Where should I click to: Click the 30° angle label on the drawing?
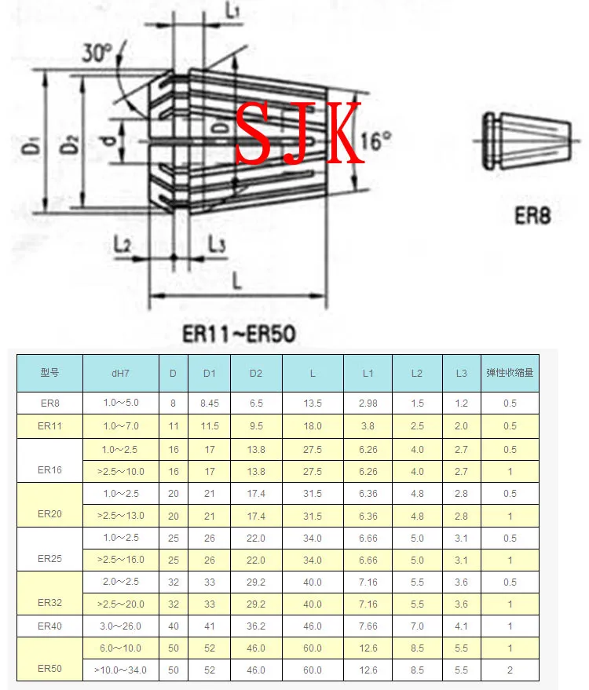tap(97, 53)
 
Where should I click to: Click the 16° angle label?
tap(376, 142)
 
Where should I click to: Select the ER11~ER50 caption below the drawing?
tap(239, 335)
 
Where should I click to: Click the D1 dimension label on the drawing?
tap(31, 145)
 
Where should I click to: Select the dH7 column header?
tap(121, 373)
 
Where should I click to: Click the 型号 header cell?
tap(49, 373)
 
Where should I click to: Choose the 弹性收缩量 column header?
tap(510, 373)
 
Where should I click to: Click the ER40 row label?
tap(49, 626)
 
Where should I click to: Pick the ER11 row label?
tap(49, 426)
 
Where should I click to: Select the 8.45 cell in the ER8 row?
tap(209, 403)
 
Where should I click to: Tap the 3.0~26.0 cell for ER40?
tap(121, 626)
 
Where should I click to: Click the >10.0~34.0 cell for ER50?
tap(121, 670)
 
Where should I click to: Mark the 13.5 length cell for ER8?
tap(313, 403)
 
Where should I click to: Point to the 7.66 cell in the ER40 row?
tap(368, 626)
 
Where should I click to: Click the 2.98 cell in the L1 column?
tap(368, 403)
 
